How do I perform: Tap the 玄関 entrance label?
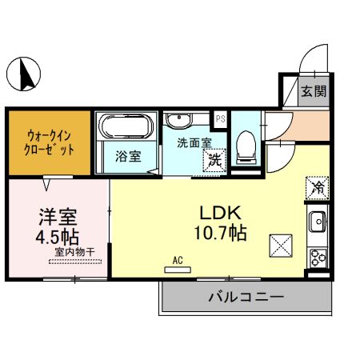point(313,91)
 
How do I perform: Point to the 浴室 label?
point(128,157)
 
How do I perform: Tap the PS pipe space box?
point(220,119)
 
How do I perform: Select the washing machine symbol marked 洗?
point(215,158)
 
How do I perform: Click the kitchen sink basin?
point(317,219)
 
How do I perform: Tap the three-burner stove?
point(317,257)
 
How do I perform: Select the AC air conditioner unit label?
point(177,260)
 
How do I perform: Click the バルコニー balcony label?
point(246,297)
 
